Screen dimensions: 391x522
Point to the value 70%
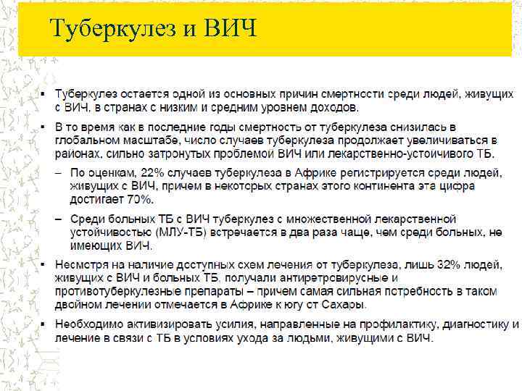[x=136, y=199]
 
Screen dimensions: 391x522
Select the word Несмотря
[x=81, y=265]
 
